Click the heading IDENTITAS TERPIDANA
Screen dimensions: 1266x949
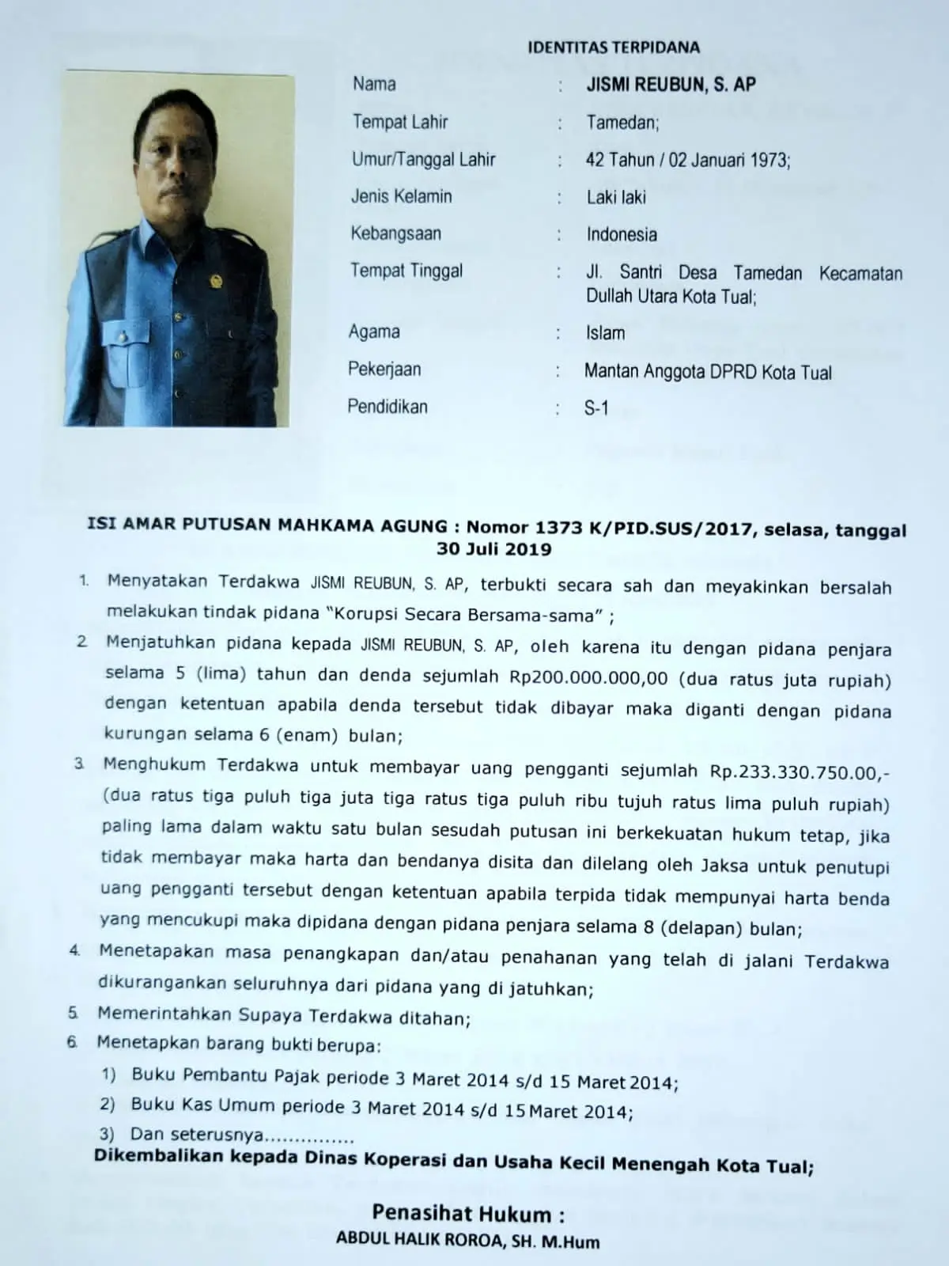[613, 47]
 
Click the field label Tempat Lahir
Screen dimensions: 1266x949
[400, 122]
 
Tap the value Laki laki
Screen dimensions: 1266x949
[616, 197]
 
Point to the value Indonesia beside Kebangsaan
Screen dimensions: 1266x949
[622, 234]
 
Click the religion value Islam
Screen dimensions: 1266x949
[605, 333]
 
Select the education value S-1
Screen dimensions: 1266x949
[596, 409]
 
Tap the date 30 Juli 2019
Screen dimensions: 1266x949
[494, 549]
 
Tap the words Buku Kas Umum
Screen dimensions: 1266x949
[187, 1105]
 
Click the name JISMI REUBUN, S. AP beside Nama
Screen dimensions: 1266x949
[671, 85]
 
